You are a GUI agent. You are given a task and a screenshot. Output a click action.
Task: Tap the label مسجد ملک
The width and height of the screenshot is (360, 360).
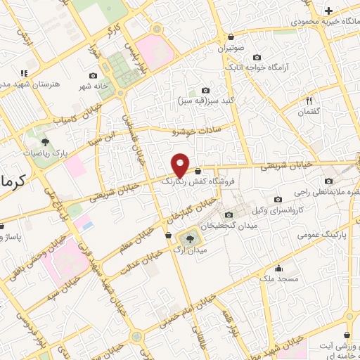tap(278, 279)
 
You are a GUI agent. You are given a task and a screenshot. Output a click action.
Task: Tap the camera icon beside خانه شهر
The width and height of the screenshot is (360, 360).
tap(94, 75)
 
